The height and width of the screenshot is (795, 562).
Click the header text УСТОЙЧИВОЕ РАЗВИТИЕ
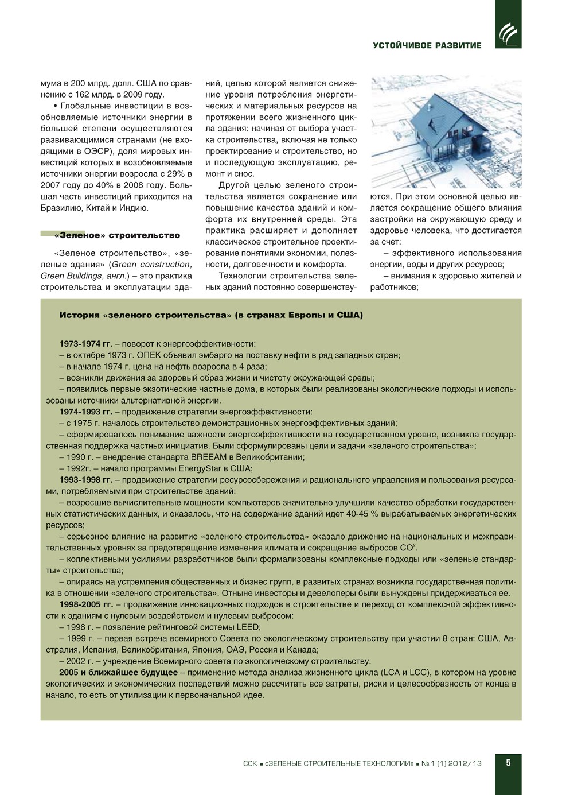click(427, 45)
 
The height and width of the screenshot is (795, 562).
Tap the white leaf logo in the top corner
click(508, 33)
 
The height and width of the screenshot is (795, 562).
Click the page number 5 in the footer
click(508, 763)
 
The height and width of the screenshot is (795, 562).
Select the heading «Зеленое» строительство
click(117, 235)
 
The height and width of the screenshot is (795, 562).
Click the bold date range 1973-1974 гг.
click(85, 344)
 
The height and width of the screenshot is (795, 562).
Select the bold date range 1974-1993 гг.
click(85, 412)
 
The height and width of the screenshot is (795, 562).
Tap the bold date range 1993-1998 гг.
click(85, 480)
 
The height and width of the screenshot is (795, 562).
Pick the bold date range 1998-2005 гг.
click(86, 604)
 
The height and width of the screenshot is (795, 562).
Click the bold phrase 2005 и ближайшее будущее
click(118, 672)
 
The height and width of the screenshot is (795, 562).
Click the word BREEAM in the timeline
click(208, 457)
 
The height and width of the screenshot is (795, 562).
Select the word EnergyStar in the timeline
click(200, 468)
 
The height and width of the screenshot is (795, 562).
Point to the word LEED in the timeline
click(248, 627)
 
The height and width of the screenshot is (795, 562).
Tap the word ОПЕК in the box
click(149, 355)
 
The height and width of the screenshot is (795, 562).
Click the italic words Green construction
click(150, 265)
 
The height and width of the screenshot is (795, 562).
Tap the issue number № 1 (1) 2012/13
click(451, 763)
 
